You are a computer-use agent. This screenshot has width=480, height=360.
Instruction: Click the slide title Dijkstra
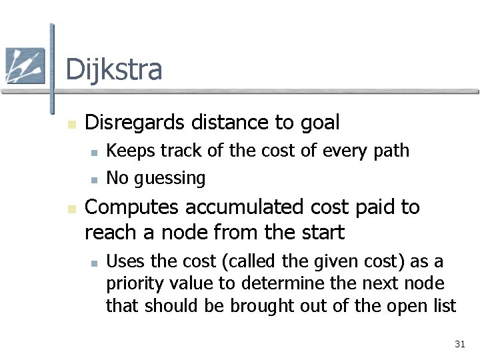113,69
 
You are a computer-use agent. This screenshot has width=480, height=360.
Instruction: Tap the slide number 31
459,344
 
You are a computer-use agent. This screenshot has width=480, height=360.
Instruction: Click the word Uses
124,261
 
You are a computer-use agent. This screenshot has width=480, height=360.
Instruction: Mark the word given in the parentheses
311,261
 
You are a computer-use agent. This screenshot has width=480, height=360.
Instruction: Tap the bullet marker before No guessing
95,179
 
